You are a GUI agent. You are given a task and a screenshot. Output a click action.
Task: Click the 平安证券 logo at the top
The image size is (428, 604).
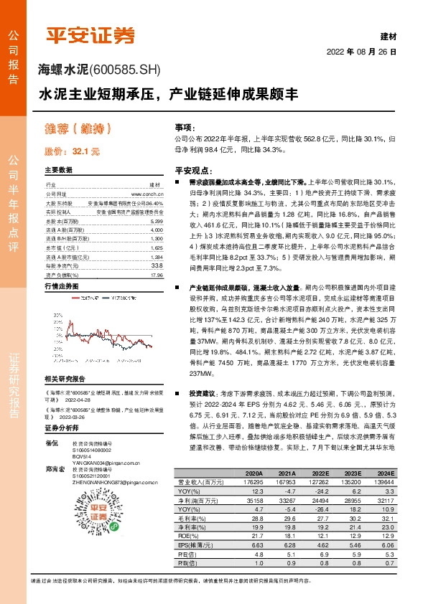[x=90, y=34]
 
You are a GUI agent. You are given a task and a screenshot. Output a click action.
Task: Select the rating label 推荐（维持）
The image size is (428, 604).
[x=80, y=129]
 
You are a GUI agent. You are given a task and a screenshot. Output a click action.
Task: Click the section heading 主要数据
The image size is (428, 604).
[x=59, y=171]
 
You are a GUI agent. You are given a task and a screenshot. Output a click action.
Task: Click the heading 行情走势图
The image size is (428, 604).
[x=62, y=286]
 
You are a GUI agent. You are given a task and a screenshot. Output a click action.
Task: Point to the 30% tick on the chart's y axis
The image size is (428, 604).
[x=55, y=301]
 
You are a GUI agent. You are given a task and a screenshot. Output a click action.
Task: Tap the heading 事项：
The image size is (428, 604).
[x=185, y=126]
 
